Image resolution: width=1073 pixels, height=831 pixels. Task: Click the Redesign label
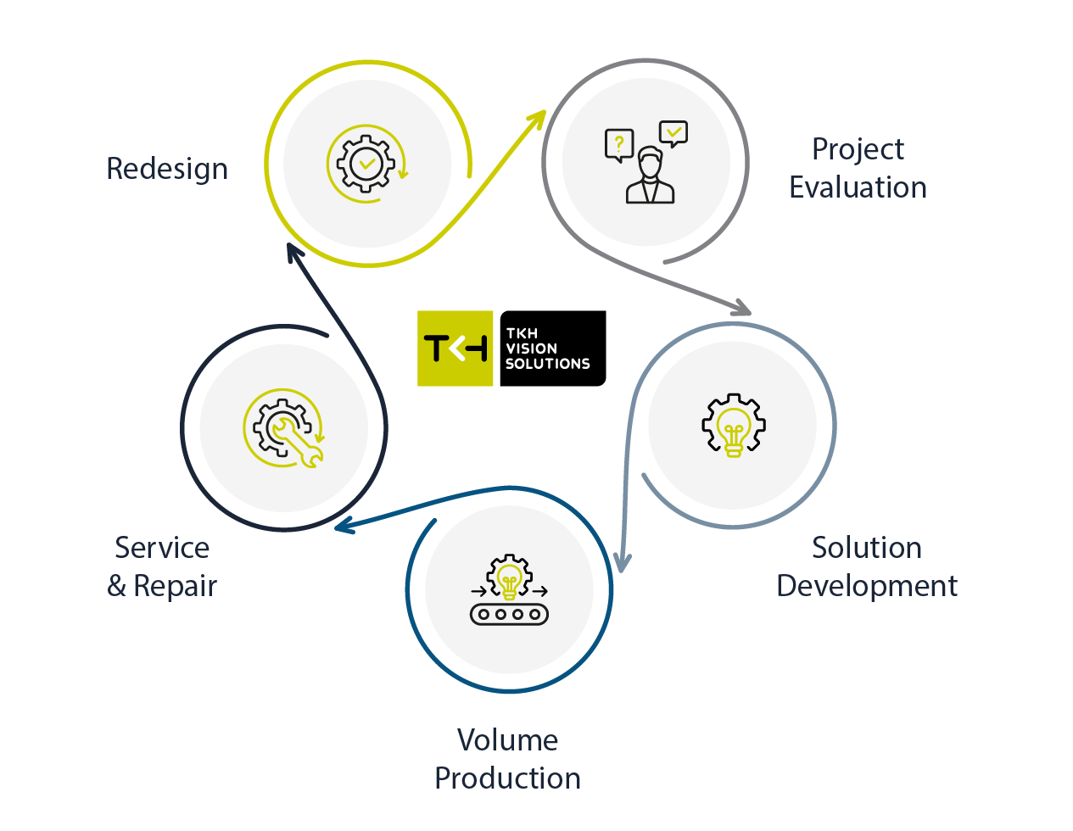tap(167, 169)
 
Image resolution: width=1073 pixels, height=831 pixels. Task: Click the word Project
tap(858, 149)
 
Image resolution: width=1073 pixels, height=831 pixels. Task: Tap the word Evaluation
tap(858, 187)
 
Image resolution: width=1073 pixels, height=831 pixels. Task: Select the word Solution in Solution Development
tap(866, 548)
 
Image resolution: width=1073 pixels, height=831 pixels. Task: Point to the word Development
tap(866, 586)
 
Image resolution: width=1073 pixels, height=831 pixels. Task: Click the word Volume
tap(507, 740)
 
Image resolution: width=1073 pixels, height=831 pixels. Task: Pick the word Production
tap(507, 778)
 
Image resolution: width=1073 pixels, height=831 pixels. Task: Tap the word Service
tap(162, 548)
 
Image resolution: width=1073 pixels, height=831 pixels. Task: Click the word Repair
tap(175, 586)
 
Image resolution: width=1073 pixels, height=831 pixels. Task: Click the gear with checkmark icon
tap(366, 164)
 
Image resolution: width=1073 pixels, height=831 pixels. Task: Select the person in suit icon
tap(650, 176)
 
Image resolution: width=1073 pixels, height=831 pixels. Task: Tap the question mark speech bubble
tap(619, 144)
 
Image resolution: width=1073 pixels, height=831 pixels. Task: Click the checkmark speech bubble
tap(673, 133)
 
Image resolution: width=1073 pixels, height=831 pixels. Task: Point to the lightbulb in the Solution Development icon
tap(734, 429)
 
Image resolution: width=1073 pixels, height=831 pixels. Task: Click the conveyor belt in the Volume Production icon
tap(509, 614)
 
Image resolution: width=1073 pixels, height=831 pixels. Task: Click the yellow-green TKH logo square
tap(455, 349)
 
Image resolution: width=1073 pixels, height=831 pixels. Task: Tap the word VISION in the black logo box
tap(532, 349)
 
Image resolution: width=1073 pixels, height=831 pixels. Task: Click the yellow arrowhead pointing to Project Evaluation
tap(536, 120)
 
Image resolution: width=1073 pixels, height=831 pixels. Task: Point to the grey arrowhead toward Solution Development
tap(741, 307)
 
